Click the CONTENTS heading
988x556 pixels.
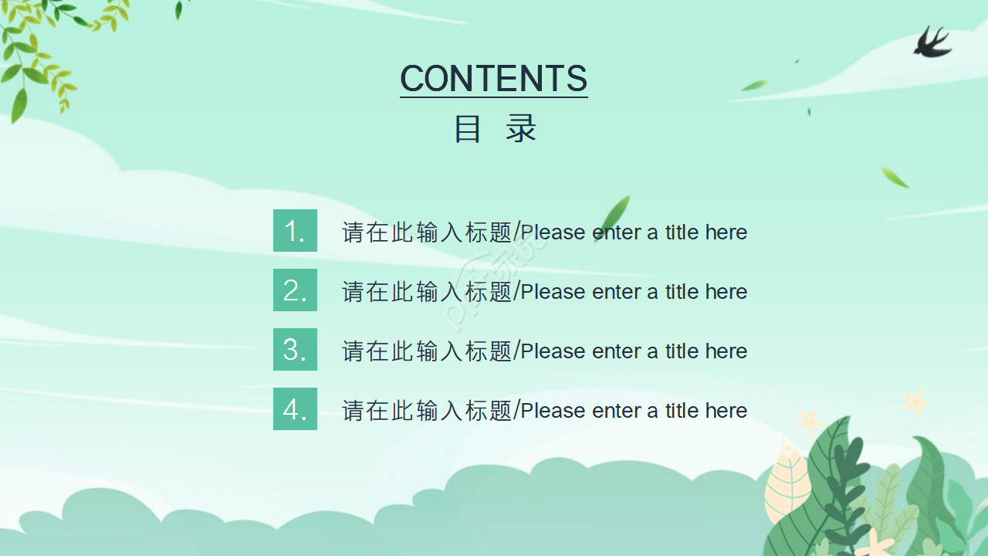(x=494, y=78)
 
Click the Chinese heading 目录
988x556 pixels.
(x=494, y=129)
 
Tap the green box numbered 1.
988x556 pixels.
(x=295, y=231)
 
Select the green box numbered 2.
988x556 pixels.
(x=295, y=290)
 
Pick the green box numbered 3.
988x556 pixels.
(x=295, y=350)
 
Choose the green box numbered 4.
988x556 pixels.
(x=295, y=409)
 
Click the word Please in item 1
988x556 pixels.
(x=553, y=232)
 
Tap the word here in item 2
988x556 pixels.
(x=726, y=292)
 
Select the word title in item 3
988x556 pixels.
(x=682, y=351)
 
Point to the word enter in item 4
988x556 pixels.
(x=616, y=411)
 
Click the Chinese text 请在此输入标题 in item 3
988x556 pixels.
(x=427, y=351)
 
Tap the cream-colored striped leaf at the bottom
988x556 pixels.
(x=787, y=486)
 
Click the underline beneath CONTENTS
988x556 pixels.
(x=494, y=97)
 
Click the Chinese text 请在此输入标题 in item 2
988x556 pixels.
(x=427, y=292)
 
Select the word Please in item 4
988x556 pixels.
(x=553, y=411)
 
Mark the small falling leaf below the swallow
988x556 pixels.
(x=895, y=178)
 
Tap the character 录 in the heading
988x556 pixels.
(x=521, y=129)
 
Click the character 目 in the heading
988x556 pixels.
(x=467, y=129)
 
